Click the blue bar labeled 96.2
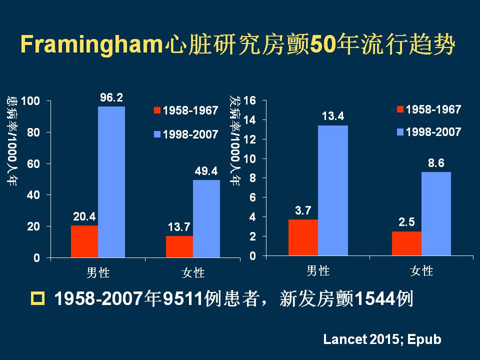(111, 182)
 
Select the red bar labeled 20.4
(84, 241)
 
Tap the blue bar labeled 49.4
(206, 218)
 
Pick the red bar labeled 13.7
(179, 246)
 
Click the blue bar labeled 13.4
(333, 190)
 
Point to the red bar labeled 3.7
(303, 237)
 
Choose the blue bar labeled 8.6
(436, 213)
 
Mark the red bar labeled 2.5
(407, 243)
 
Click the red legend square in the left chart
(156, 110)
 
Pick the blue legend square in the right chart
(400, 132)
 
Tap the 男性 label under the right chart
(318, 271)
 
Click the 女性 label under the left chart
(193, 273)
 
